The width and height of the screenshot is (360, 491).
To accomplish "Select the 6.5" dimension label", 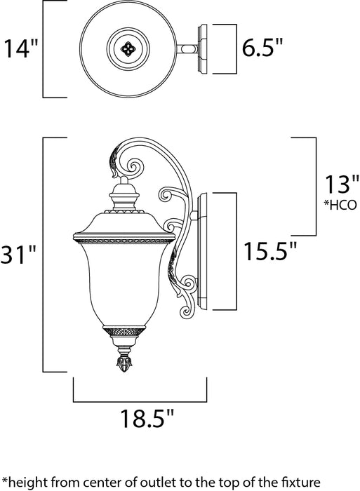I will pos(264,49).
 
